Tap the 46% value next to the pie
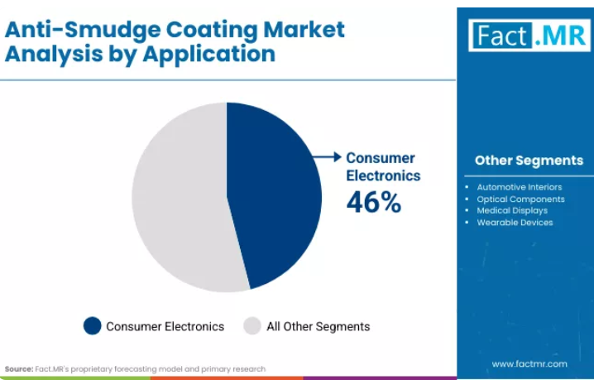[374, 202]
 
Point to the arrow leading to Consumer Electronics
[327, 157]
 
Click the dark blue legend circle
[93, 325]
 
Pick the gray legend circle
[252, 325]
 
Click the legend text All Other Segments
[319, 326]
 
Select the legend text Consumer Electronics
[165, 326]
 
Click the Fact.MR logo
[529, 36]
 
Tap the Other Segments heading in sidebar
[529, 161]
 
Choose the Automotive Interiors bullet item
[520, 187]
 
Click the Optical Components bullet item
[520, 199]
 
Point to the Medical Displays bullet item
[512, 210]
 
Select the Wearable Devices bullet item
[515, 223]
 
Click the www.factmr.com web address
[529, 364]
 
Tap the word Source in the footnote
[19, 369]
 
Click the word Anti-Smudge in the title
[83, 30]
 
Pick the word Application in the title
[208, 55]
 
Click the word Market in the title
[304, 29]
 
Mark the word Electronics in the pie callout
[383, 176]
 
